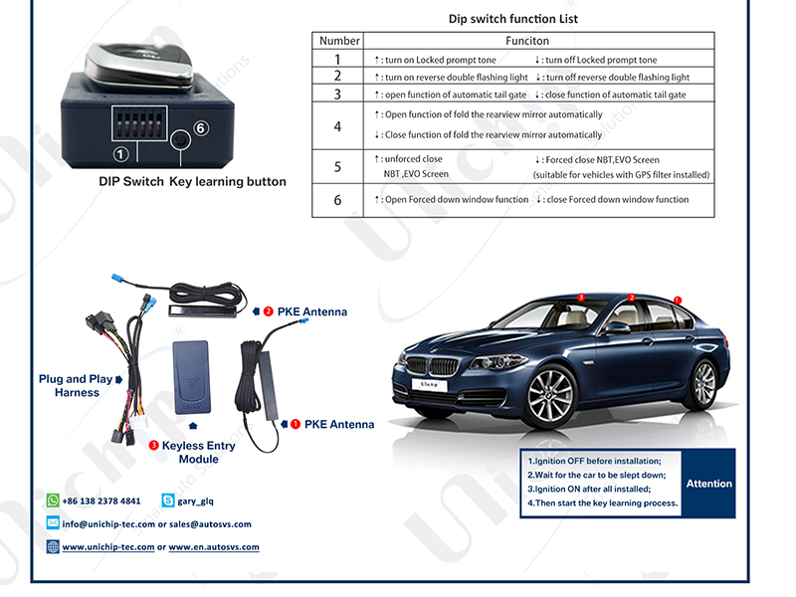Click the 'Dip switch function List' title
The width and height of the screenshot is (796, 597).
point(513,19)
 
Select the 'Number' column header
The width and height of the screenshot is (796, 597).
point(339,41)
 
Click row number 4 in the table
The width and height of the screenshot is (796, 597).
point(338,125)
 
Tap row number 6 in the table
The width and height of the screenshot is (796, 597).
point(338,200)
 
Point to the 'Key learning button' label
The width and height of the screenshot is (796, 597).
point(228,182)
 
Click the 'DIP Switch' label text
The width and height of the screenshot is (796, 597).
point(131,182)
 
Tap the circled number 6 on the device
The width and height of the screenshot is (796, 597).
point(200,128)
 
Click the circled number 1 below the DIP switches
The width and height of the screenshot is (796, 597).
point(120,154)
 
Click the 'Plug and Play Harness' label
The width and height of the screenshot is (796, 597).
point(77,386)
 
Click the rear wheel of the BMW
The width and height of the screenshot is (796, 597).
point(703,382)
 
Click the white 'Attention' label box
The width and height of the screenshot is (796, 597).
point(708,484)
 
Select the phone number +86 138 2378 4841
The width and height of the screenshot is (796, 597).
point(101,500)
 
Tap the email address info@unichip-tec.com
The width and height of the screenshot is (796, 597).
point(108,523)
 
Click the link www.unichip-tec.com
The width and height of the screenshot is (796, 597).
point(108,547)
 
